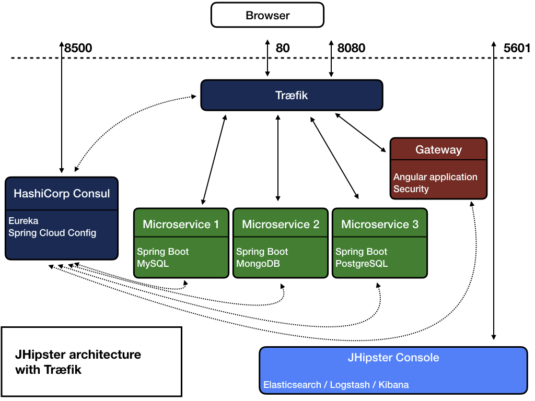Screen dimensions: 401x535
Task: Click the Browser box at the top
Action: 267,15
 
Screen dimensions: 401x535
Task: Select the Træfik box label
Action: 292,96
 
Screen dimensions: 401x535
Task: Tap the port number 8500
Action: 78,49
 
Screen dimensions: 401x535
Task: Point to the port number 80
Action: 283,49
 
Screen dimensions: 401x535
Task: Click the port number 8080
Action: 351,49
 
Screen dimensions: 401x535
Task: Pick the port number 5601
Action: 517,49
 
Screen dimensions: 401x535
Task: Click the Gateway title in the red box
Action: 438,150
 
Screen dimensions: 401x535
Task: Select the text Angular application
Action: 435,177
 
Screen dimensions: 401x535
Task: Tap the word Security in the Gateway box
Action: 411,189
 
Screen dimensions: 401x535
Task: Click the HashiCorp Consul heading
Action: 62,194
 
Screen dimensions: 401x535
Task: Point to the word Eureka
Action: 24,221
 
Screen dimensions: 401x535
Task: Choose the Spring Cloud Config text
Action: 52,233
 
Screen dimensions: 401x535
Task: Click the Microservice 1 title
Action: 181,225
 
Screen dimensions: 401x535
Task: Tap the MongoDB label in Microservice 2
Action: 258,264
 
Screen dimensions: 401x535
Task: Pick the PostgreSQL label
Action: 362,264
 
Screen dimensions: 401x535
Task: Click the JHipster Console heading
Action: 393,358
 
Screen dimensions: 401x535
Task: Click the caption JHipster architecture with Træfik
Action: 78,362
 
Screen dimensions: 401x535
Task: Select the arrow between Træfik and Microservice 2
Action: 278,157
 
